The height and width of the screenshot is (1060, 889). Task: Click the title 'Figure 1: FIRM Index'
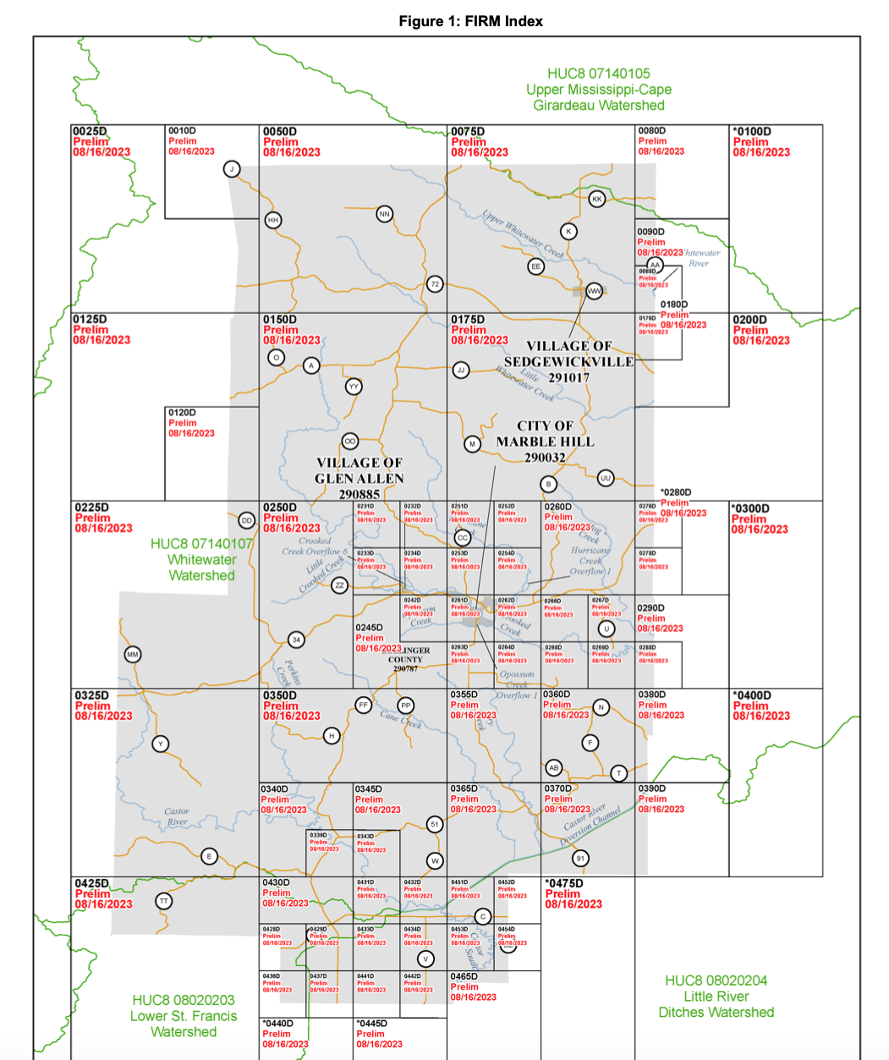(470, 21)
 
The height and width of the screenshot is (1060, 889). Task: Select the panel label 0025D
(91, 131)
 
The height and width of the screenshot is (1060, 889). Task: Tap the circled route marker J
(231, 169)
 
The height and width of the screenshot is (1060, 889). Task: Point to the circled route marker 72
(435, 284)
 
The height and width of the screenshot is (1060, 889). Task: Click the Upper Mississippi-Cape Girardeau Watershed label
(598, 90)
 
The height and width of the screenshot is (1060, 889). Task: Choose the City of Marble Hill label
(545, 442)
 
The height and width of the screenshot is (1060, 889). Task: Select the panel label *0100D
(752, 131)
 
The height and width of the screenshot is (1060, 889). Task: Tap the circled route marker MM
(132, 654)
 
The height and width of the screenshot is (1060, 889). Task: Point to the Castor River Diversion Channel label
(591, 824)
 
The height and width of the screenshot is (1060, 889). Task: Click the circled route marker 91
(579, 859)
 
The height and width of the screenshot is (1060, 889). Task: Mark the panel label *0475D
(564, 883)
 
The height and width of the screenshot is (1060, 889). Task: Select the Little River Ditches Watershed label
(716, 997)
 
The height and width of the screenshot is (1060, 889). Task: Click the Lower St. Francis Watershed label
(184, 1016)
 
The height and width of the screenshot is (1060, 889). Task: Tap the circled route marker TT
(163, 901)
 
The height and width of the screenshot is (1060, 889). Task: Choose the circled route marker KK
(597, 199)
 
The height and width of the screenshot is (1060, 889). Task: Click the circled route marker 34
(296, 640)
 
